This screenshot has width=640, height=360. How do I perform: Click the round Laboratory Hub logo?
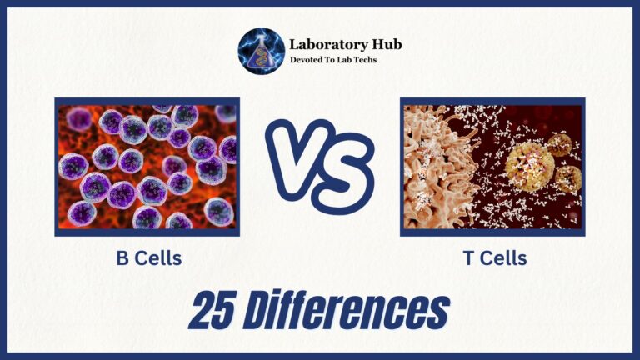click(x=261, y=52)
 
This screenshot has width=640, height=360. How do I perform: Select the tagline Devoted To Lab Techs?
click(x=332, y=60)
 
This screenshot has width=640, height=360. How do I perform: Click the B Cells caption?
click(x=147, y=258)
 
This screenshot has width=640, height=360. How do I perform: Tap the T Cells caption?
click(x=494, y=258)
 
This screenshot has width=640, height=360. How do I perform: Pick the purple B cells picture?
click(x=147, y=167)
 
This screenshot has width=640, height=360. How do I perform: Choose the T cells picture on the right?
click(x=492, y=167)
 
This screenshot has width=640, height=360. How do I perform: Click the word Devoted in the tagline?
click(x=306, y=60)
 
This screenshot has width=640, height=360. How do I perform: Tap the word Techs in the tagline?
click(x=363, y=60)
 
